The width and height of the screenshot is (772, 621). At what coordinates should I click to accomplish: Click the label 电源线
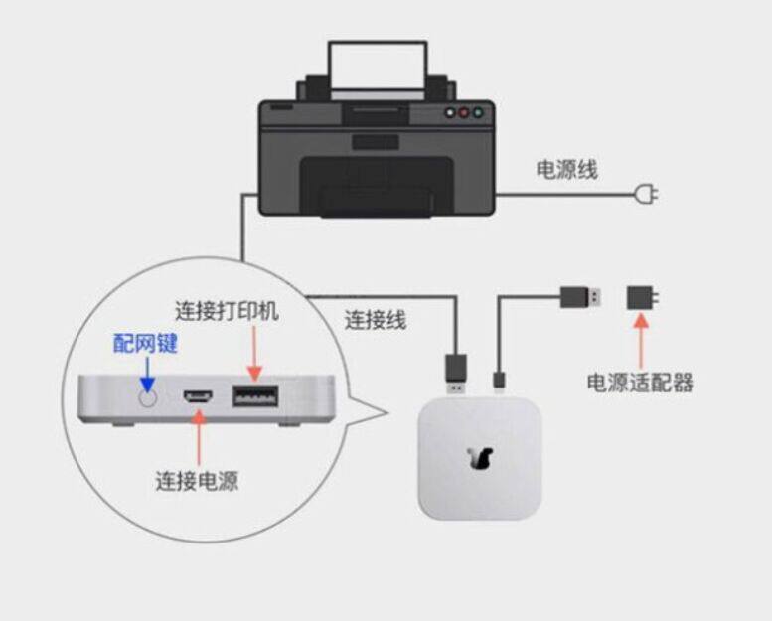click(567, 170)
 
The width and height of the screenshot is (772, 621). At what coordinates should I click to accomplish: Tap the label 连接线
click(376, 321)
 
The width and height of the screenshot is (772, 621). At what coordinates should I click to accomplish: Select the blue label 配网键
click(146, 344)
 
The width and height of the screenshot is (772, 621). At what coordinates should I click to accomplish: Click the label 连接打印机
click(227, 311)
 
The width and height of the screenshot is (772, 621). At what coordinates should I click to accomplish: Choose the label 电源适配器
click(639, 383)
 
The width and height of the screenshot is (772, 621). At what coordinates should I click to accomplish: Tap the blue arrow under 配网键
click(147, 373)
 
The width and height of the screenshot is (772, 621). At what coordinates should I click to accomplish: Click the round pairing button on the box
click(148, 398)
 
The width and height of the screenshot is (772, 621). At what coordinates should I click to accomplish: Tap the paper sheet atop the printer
click(378, 68)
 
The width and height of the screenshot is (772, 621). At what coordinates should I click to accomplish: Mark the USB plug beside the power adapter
click(579, 296)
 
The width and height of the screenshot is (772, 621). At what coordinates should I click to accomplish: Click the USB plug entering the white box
click(455, 369)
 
